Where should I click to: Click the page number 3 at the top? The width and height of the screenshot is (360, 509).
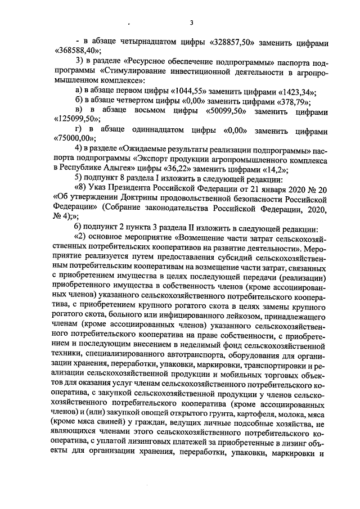coord(191,22)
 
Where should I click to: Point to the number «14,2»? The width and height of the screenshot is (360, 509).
coord(274,169)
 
